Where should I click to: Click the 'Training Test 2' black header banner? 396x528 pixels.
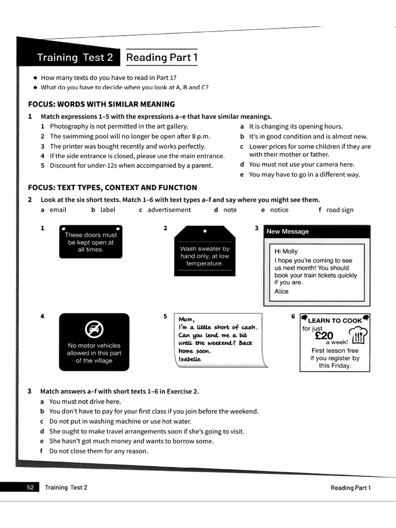coord(75,58)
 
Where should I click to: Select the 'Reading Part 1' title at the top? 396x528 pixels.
coord(162,58)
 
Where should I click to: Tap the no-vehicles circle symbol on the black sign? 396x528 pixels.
coord(94,328)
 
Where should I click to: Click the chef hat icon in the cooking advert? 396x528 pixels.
coord(358,335)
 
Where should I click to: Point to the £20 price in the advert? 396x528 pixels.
coord(324,336)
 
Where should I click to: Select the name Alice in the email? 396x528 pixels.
coord(282,291)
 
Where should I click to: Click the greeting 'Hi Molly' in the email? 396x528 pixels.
coord(286,252)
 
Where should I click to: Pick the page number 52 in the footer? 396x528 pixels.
coord(30,487)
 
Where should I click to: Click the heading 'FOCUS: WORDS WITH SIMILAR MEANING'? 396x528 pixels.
coord(101,104)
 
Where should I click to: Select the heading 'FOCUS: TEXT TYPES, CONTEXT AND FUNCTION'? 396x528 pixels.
coord(112,188)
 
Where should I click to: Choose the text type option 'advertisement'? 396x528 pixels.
coord(169,210)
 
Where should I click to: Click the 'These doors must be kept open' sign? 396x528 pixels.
coord(91,242)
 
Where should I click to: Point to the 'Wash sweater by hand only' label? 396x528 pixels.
coord(205,256)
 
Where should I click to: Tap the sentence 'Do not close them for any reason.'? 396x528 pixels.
coord(98,451)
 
